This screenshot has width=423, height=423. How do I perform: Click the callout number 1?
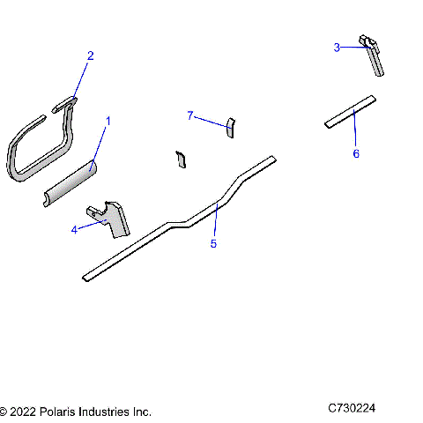coord(108,119)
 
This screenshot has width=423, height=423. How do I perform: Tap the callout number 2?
coord(89,56)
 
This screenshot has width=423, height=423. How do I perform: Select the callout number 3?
coord(337,48)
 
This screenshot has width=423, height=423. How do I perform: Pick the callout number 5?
coord(213,243)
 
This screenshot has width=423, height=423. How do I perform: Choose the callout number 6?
coord(356,153)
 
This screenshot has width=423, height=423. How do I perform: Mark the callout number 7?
coord(189,115)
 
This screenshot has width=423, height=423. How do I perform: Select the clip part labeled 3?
coord(374,56)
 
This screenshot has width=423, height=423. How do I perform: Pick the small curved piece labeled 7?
coord(230,127)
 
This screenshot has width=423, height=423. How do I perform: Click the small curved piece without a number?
coord(181,159)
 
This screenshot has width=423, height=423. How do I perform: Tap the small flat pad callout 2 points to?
coord(67,106)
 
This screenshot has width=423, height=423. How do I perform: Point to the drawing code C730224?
coord(352,409)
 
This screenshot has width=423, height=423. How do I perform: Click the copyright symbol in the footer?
coord(4,412)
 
